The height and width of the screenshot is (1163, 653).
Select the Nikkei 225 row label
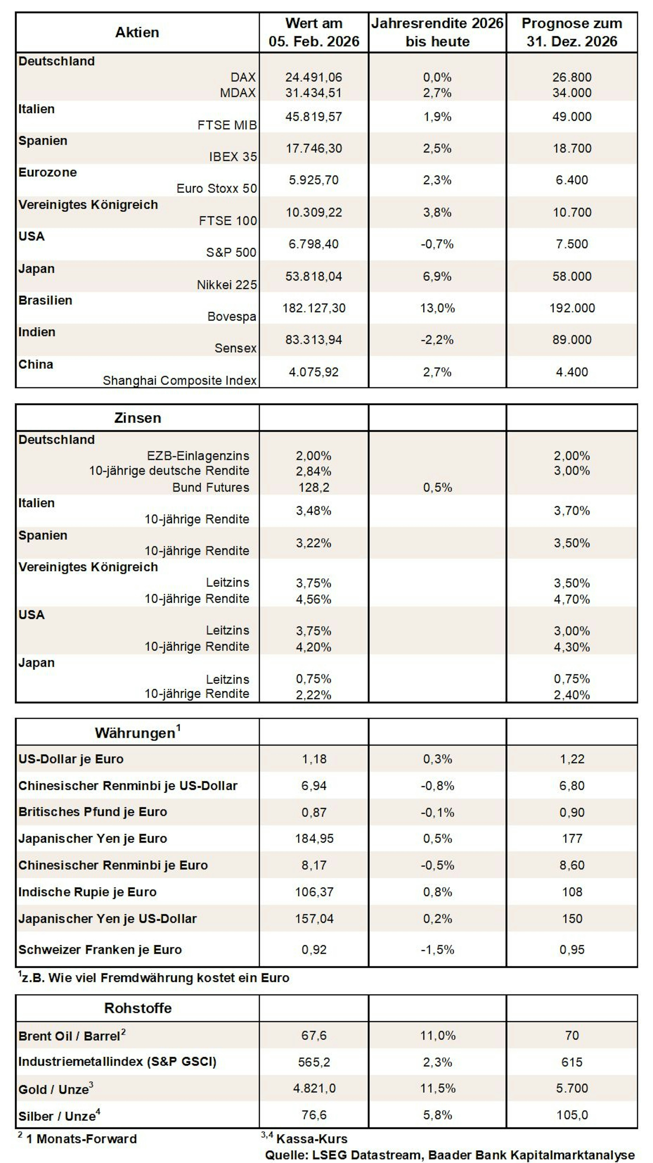coord(227,285)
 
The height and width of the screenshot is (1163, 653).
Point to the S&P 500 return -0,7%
coord(437,244)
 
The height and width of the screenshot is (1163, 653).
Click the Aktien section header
coord(137,33)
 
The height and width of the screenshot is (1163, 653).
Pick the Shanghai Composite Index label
coord(180,381)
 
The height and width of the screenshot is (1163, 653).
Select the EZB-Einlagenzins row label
coord(198,456)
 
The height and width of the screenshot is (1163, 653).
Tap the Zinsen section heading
coord(138,418)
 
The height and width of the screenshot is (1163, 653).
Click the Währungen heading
coord(138,732)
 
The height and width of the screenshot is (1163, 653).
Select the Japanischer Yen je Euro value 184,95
coord(314,839)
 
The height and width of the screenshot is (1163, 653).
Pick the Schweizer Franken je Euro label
coord(100,950)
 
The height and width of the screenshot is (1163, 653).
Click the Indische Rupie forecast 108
coord(572,892)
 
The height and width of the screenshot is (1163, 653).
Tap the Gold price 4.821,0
coord(314,1088)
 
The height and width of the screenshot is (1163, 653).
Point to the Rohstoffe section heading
coord(138,1008)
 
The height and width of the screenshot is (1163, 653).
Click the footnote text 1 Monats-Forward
coord(81,1139)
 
